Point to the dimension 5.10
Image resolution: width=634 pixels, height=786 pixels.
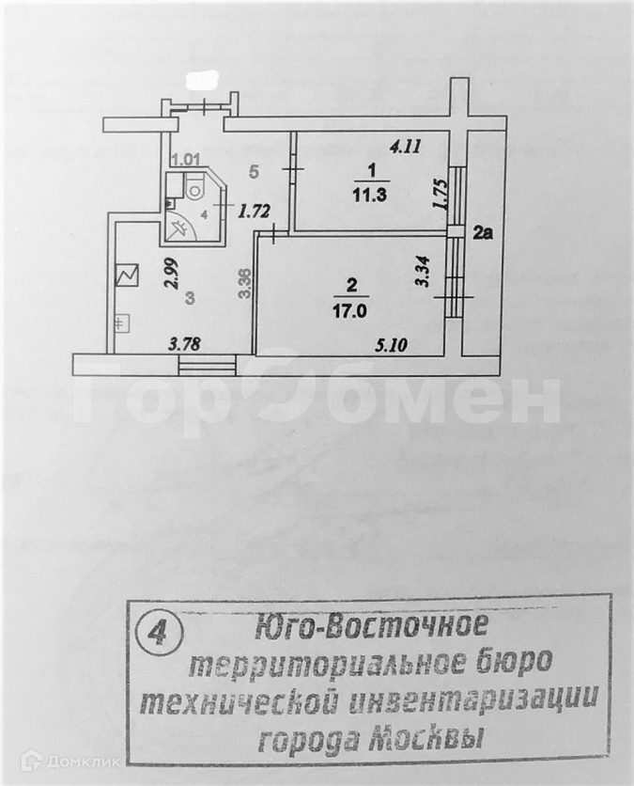pyautogui.click(x=391, y=345)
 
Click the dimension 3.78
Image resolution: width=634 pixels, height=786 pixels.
pyautogui.click(x=185, y=344)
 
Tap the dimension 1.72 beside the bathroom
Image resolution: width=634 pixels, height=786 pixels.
pyautogui.click(x=249, y=211)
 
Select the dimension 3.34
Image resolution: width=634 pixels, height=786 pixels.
pyautogui.click(x=423, y=272)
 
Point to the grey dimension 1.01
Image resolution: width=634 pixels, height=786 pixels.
pyautogui.click(x=186, y=160)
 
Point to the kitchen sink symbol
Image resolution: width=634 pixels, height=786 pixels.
pyautogui.click(x=120, y=324)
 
